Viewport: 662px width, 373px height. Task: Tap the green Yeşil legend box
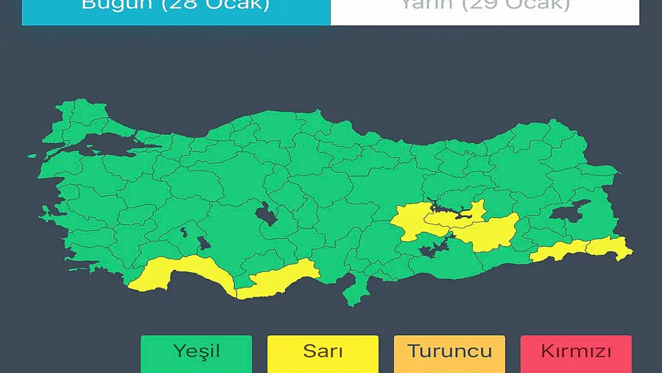196,354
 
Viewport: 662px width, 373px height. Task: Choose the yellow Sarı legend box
323,354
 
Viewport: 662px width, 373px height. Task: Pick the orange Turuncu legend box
449,354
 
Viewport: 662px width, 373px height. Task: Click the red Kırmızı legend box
576,354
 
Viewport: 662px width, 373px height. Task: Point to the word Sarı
323,351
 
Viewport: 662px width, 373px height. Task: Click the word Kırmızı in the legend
576,351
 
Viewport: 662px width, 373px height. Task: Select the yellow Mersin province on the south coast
277,281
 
